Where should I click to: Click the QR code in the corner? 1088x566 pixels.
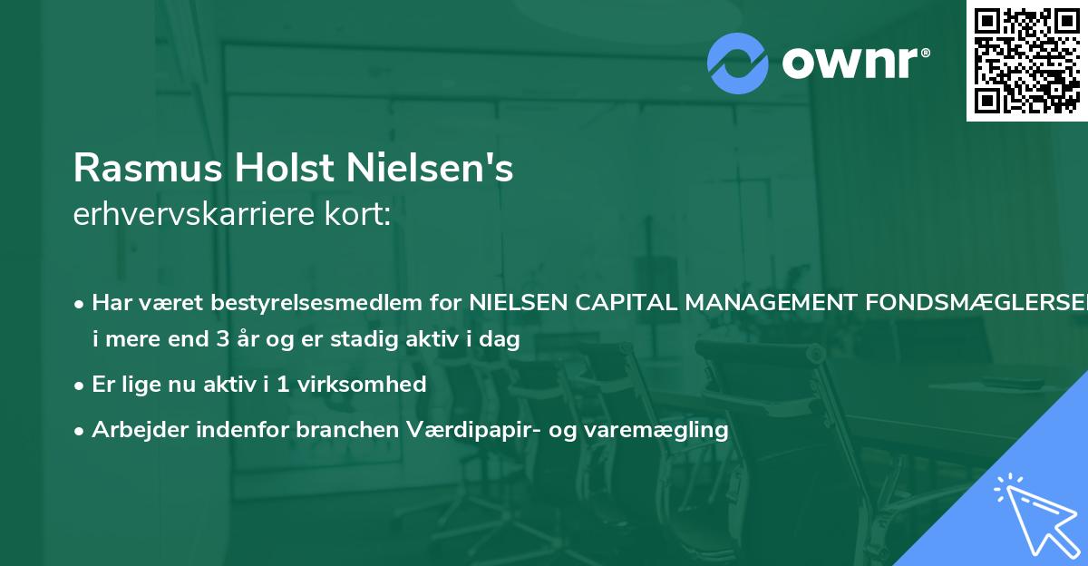(x=1026, y=60)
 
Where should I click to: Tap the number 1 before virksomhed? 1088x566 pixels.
(x=285, y=384)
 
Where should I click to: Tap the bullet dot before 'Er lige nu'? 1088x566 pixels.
(x=80, y=385)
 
